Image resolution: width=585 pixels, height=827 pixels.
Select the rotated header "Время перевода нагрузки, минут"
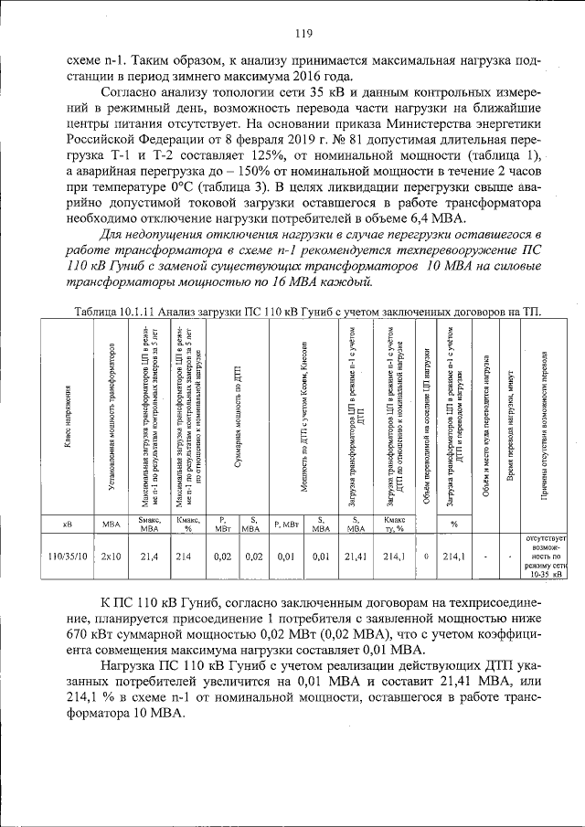click(509, 420)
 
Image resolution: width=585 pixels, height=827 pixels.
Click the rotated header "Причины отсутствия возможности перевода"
click(545, 420)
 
